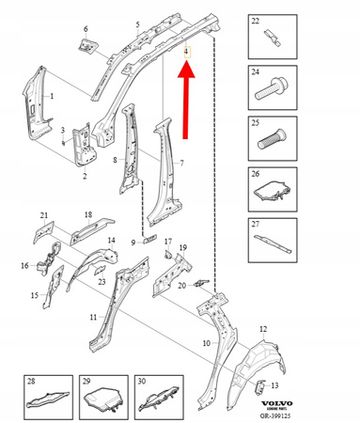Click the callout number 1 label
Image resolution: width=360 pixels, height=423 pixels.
[x=52, y=97]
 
